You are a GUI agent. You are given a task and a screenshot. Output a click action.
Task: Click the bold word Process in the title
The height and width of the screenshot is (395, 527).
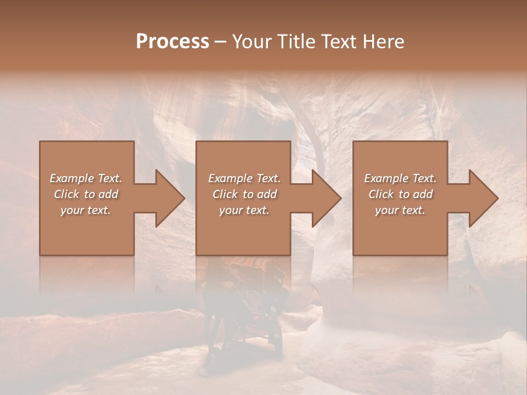click(172, 42)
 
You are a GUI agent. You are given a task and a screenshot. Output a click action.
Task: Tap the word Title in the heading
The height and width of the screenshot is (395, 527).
click(296, 42)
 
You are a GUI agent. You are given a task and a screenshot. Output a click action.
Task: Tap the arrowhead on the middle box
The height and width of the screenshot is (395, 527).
click(326, 198)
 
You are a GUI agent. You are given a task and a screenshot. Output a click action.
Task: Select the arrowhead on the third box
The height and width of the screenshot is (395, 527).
click(483, 198)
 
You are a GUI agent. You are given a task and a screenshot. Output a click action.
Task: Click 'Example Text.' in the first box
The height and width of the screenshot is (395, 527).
click(86, 178)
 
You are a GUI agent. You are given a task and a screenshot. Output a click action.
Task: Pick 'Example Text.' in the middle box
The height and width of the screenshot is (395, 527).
click(244, 178)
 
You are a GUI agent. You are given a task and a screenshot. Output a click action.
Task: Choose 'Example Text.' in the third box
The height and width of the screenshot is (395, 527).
click(400, 178)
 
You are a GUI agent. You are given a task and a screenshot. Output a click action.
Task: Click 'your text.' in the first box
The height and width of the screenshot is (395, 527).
click(86, 210)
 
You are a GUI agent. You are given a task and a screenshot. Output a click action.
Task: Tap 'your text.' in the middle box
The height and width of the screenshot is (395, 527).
click(244, 210)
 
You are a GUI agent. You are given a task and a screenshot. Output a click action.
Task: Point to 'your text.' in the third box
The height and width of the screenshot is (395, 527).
click(400, 210)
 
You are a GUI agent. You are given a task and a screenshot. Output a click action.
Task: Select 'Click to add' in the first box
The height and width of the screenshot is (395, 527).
click(86, 194)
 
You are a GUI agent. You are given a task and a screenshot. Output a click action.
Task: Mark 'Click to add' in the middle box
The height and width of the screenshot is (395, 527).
click(244, 194)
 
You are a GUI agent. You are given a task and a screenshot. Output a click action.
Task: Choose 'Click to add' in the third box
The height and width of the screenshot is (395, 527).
click(400, 194)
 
